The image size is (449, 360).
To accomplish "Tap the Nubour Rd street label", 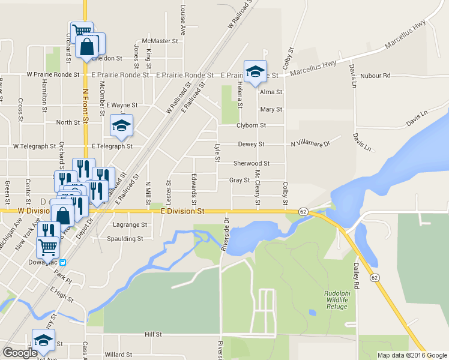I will (x=376, y=76).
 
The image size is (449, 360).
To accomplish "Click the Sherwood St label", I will (x=251, y=163).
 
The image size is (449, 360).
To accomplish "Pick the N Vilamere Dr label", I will (x=310, y=144).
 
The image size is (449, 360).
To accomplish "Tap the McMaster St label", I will (x=164, y=41).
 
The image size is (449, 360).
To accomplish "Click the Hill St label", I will (x=154, y=334).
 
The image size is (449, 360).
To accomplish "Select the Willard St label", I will (x=118, y=355).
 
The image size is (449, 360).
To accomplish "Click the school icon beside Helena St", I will (x=255, y=72).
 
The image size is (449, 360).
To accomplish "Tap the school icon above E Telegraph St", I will (x=121, y=125).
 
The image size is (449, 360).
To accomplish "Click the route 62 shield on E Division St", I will (x=303, y=212).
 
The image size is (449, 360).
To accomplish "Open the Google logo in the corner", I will (x=20, y=353).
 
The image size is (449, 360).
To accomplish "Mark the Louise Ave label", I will (x=182, y=14).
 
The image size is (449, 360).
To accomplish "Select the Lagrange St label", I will (x=130, y=225).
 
